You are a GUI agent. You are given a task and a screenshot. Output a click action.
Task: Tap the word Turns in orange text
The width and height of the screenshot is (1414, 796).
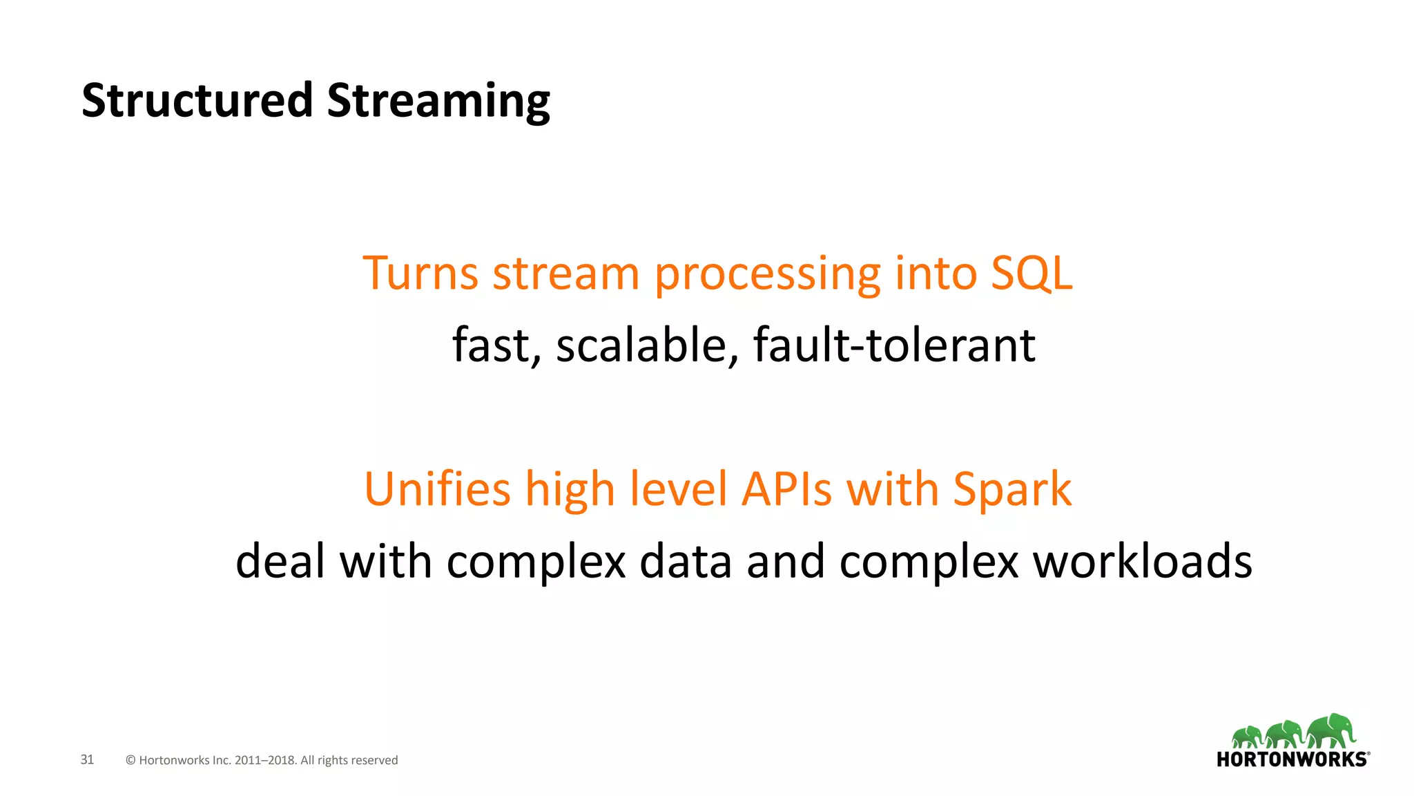tap(420, 274)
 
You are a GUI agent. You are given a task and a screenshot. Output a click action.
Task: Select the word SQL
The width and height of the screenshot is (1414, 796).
tap(1032, 274)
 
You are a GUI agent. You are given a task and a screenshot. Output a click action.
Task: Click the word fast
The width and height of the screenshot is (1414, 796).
tap(494, 345)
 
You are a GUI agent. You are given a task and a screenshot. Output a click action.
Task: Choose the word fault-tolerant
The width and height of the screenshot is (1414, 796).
tap(893, 345)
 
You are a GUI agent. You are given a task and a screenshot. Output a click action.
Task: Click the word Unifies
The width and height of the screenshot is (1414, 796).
tap(436, 490)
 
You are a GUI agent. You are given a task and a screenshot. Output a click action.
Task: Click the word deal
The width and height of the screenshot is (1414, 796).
tap(280, 561)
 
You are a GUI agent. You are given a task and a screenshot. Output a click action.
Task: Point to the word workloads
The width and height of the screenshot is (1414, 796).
tap(1142, 561)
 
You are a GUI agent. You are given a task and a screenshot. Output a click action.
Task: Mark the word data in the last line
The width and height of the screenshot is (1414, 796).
tap(685, 561)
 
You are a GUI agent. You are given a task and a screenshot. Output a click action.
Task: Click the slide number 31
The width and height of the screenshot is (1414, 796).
tap(87, 759)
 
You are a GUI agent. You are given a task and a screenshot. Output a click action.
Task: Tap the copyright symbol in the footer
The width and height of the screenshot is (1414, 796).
tap(130, 760)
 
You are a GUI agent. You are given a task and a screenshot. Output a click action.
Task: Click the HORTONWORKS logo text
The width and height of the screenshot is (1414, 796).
tap(1291, 759)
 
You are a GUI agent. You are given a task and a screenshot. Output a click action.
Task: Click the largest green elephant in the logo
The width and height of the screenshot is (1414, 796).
tap(1332, 731)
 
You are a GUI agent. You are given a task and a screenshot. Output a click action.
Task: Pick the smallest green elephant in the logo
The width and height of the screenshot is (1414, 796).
tap(1246, 737)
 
